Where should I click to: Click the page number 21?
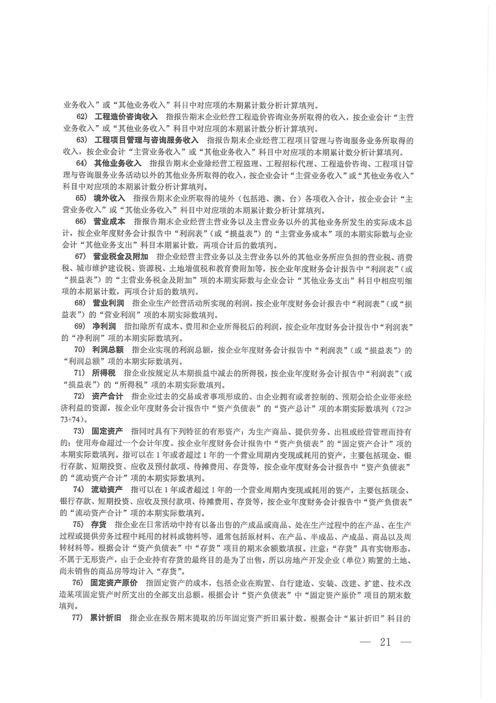[385, 642]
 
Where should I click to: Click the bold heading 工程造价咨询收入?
[126, 117]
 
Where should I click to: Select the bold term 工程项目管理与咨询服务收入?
[146, 140]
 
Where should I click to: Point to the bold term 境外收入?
[109, 198]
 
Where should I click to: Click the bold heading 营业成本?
[109, 222]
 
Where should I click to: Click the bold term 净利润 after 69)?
[104, 326]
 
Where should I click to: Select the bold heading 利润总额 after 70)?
[108, 350]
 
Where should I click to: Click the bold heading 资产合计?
[107, 396]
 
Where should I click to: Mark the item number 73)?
[79, 431]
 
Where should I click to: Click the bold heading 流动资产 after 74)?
[107, 489]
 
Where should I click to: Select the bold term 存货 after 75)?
[99, 524]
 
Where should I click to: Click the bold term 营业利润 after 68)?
[108, 303]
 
